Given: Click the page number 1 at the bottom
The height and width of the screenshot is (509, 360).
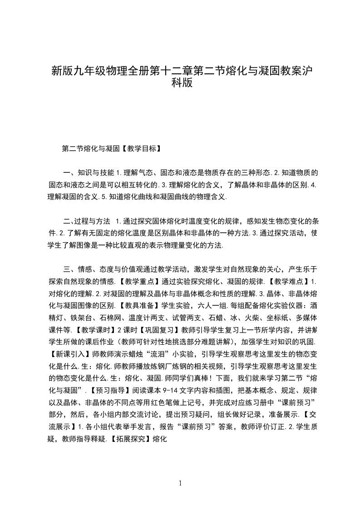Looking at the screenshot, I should [180, 483].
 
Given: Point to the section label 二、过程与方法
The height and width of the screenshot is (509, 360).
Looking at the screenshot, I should [86, 221].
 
